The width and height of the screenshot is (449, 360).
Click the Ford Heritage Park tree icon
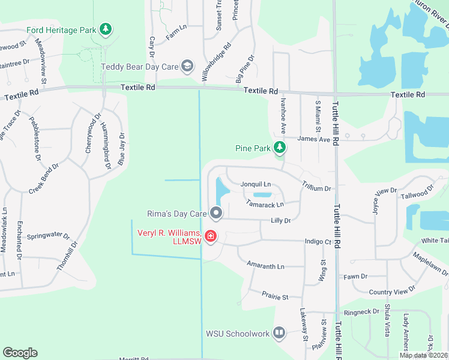[106, 29]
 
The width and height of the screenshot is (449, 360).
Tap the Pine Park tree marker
[279, 148]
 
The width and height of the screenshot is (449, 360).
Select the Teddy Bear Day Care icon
[187, 66]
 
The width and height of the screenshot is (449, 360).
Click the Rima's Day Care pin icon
[216, 213]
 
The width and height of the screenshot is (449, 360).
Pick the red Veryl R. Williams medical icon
[211, 236]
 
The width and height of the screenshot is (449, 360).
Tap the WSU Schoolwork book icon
[279, 333]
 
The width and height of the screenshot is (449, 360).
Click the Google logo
[20, 353]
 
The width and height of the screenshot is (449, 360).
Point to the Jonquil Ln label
[256, 184]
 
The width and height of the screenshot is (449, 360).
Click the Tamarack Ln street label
[264, 204]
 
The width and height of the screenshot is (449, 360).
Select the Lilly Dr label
[280, 221]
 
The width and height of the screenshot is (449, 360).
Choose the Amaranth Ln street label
[265, 265]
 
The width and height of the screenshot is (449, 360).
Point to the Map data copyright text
[423, 355]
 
